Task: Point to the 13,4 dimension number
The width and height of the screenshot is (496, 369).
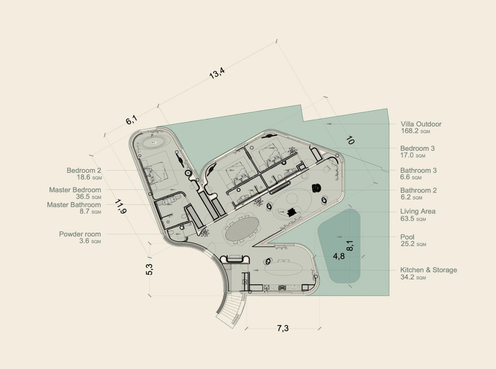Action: tap(217, 73)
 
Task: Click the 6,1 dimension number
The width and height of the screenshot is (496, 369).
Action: tap(131, 120)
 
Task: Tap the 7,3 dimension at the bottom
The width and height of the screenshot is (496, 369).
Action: tap(283, 329)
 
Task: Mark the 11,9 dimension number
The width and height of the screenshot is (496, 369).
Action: tap(121, 207)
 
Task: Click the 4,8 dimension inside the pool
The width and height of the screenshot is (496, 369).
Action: tap(339, 256)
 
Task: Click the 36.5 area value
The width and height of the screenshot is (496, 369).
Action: tap(83, 197)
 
